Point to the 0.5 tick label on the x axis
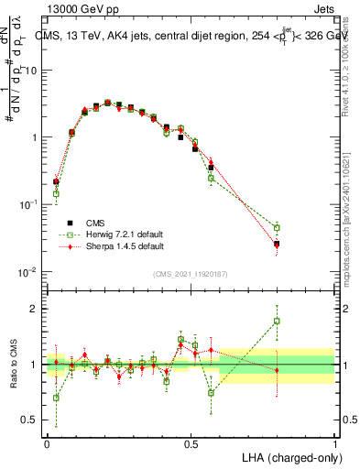pyautogui.click(x=191, y=442)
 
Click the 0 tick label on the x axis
pyautogui.click(x=47, y=442)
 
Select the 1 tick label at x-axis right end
pyautogui.click(x=335, y=442)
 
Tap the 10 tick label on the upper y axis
pyautogui.click(x=32, y=71)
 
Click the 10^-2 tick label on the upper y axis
pyautogui.click(x=29, y=272)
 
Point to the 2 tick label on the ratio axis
pyautogui.click(x=37, y=309)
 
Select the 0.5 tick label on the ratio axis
pyautogui.click(x=32, y=420)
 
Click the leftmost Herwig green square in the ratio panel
pyautogui.click(x=56, y=398)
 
